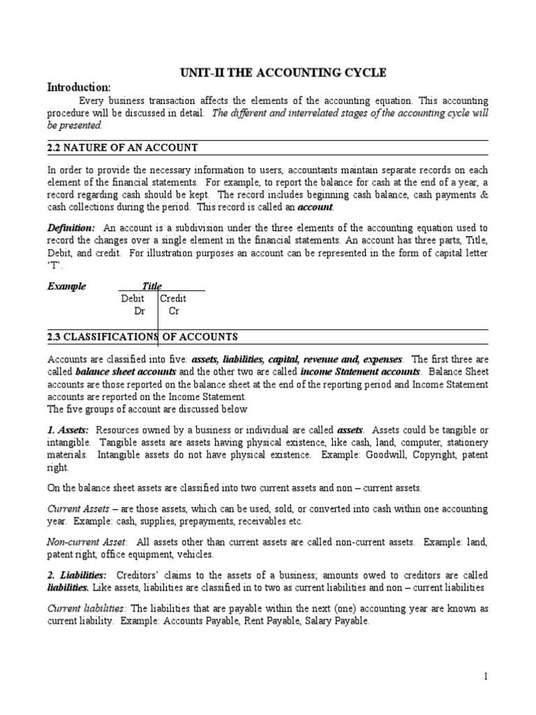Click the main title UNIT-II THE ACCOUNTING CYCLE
coord(268,73)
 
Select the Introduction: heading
coord(78,87)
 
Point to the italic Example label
coord(66,286)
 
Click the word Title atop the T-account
coord(152,286)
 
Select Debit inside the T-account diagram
coord(133,298)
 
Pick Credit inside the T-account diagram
coord(173,298)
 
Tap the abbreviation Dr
coord(140,311)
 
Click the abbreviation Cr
coord(174,311)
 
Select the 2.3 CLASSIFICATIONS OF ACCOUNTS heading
coord(142,337)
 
